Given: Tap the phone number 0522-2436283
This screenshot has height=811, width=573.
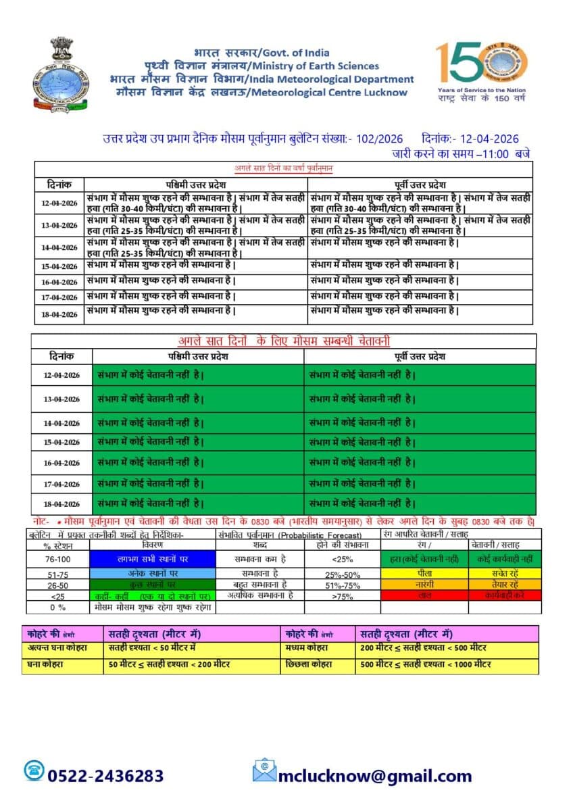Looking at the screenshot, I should (105, 775).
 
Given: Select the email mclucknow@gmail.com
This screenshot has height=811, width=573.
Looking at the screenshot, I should (375, 776).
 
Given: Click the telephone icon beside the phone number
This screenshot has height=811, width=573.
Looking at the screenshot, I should (33, 770).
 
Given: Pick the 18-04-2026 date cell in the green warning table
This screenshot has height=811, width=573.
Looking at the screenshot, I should (61, 503).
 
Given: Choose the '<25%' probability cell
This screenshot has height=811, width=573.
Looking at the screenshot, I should (341, 559).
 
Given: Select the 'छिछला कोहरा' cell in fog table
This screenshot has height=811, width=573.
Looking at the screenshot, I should (318, 664).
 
